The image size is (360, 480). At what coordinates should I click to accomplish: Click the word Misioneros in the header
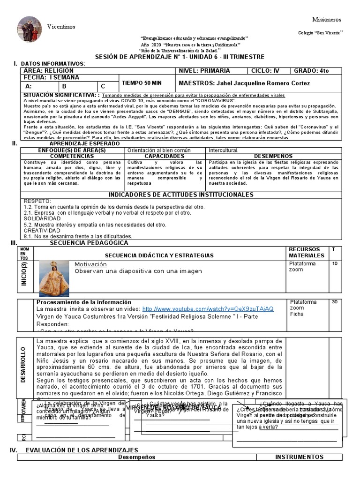[327, 19]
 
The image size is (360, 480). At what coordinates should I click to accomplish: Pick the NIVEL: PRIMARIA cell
[205, 71]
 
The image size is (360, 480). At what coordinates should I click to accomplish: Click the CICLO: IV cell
[265, 71]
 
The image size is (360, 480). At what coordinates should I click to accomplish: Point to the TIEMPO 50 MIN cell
[142, 82]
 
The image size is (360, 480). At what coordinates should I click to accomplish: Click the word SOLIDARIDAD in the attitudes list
[43, 218]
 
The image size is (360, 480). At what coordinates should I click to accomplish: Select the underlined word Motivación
[90, 264]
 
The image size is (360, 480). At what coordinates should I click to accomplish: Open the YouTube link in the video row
[207, 309]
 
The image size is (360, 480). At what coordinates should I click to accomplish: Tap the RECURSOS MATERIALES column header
[306, 252]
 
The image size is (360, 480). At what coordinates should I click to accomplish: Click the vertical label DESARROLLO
[23, 364]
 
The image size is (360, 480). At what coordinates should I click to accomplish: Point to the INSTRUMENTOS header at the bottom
[299, 457]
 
